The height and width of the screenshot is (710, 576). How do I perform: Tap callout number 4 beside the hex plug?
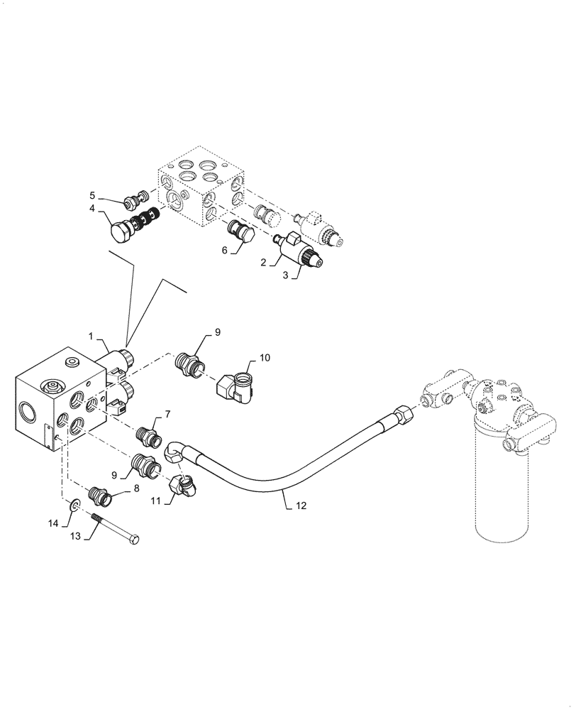tap(92, 209)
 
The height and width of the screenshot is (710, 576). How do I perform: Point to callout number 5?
tap(92, 195)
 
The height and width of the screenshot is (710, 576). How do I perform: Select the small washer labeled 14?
tap(75, 506)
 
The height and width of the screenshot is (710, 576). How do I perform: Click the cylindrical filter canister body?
tap(503, 497)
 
